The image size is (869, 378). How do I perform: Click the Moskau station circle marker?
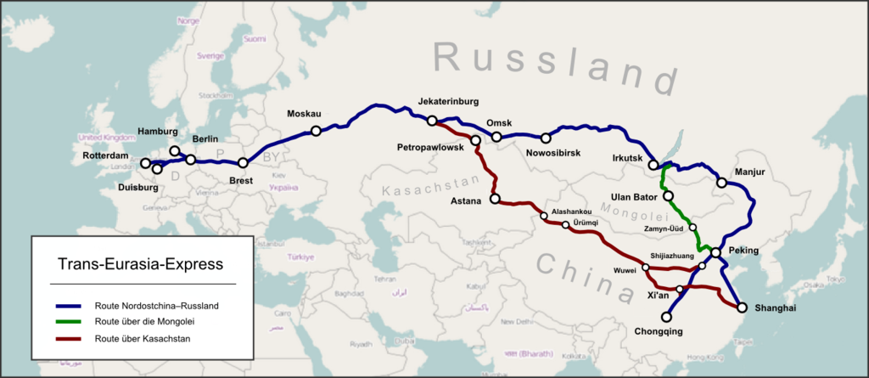316,131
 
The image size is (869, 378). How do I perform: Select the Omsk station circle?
497,137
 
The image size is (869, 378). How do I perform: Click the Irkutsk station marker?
653,165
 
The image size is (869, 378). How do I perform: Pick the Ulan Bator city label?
631,197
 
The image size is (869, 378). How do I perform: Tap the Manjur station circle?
720,183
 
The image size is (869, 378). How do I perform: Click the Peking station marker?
715,253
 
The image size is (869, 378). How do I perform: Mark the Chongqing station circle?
666,317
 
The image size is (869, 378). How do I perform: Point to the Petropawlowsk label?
429,148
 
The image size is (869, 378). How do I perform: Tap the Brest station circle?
244,162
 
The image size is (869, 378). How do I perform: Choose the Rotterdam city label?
106,156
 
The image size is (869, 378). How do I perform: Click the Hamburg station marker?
175,151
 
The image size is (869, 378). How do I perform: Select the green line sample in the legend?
69,321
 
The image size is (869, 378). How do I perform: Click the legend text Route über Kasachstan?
143,338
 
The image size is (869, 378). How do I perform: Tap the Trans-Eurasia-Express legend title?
143,264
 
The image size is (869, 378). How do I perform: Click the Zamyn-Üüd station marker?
692,228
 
